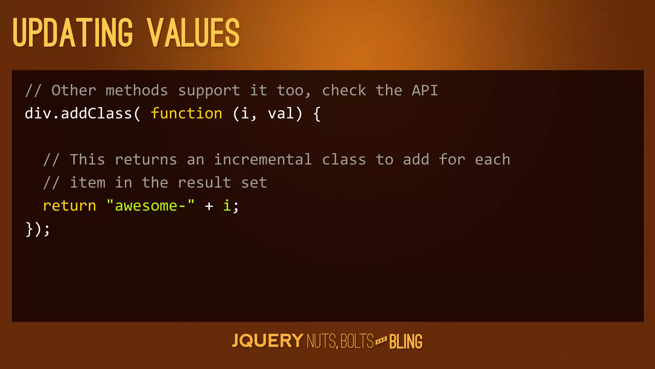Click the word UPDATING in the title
pyautogui.click(x=73, y=33)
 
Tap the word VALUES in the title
pyautogui.click(x=193, y=33)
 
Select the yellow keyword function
pyautogui.click(x=186, y=114)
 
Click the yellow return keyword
pyautogui.click(x=69, y=206)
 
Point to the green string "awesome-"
pyautogui.click(x=150, y=206)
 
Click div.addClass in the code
pyautogui.click(x=79, y=114)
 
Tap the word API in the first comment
pyautogui.click(x=425, y=91)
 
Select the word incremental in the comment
pyautogui.click(x=263, y=160)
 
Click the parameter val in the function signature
pyautogui.click(x=281, y=114)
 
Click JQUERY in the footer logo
pyautogui.click(x=267, y=341)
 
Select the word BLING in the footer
pyautogui.click(x=406, y=342)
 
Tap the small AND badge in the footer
pyautogui.click(x=381, y=340)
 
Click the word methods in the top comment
pyautogui.click(x=137, y=91)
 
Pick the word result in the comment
pyautogui.click(x=204, y=183)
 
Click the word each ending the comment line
pyautogui.click(x=493, y=160)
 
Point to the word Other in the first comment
pyautogui.click(x=74, y=91)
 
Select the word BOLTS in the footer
pyautogui.click(x=357, y=341)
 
